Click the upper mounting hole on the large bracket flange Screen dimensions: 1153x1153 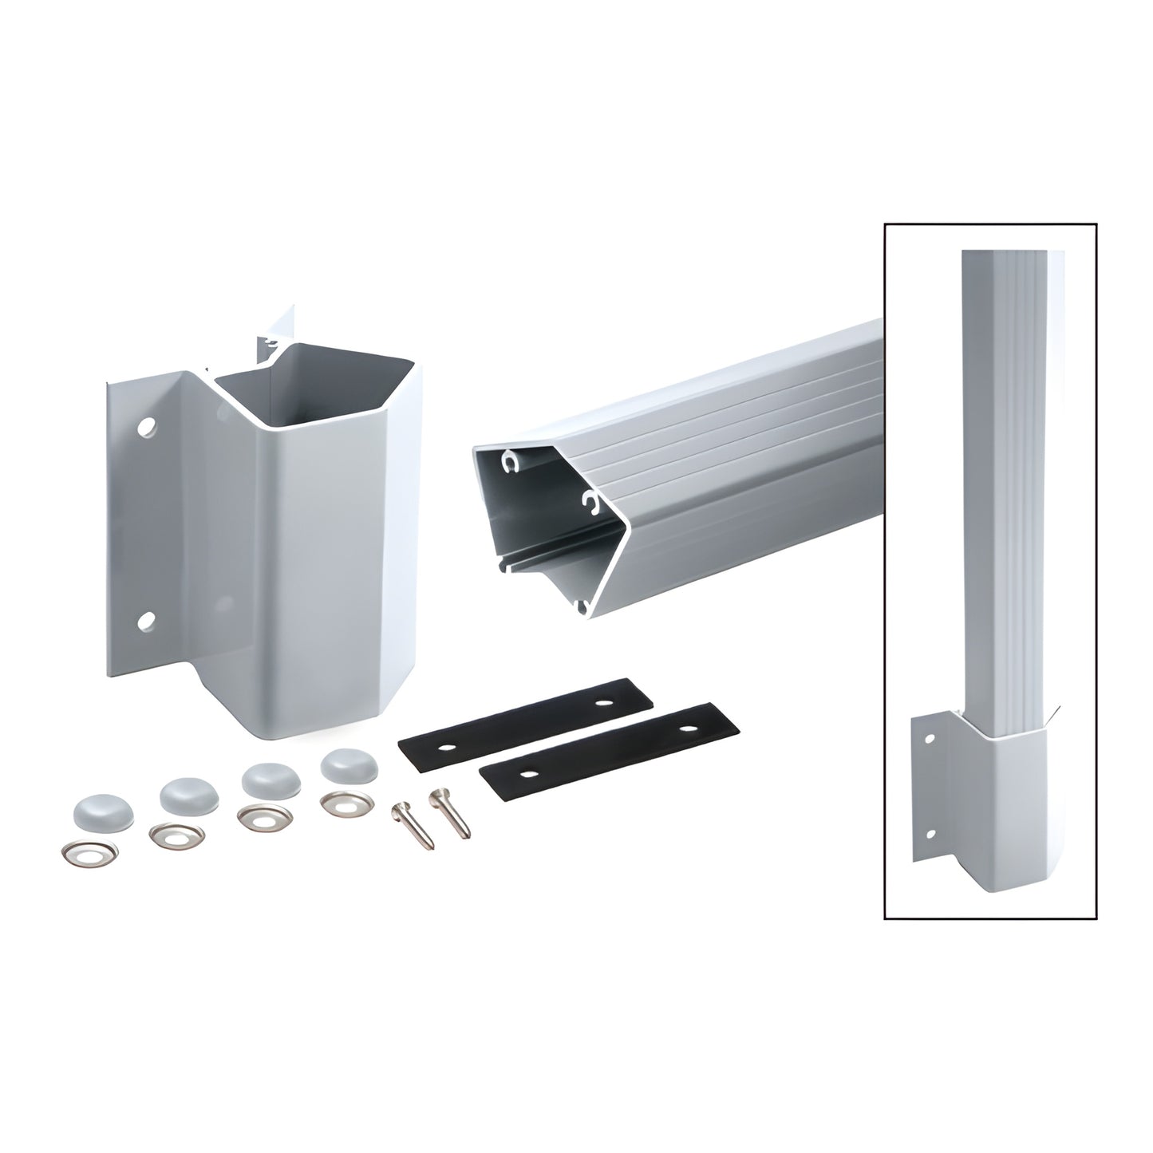click(146, 428)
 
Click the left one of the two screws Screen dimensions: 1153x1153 click(413, 826)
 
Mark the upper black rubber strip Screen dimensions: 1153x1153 click(524, 713)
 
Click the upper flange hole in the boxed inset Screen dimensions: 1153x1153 click(929, 739)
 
